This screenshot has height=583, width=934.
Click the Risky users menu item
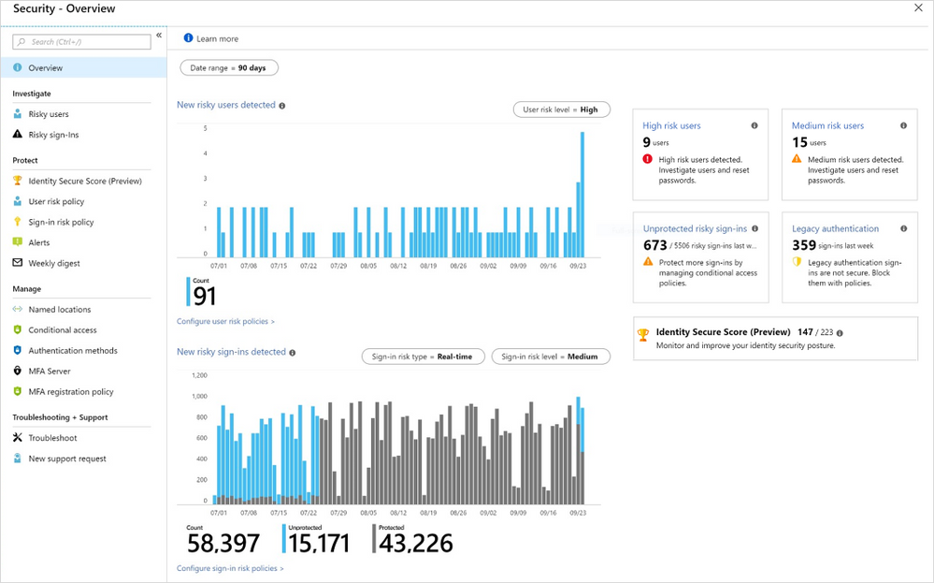click(x=48, y=114)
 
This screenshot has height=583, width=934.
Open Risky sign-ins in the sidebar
click(x=53, y=135)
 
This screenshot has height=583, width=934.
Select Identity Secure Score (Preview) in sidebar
click(x=84, y=181)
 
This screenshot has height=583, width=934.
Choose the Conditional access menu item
click(x=62, y=330)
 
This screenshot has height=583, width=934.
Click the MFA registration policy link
click(x=70, y=392)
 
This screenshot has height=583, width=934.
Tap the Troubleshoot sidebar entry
click(x=52, y=438)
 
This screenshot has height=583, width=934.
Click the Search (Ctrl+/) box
click(x=81, y=42)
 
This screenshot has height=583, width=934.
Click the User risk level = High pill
click(x=561, y=109)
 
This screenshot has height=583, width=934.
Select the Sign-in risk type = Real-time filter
click(x=423, y=357)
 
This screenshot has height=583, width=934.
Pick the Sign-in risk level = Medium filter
click(x=550, y=357)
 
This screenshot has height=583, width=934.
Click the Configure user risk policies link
click(x=225, y=321)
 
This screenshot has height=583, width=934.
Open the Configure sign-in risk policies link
click(x=230, y=568)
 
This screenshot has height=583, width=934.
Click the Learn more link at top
click(x=217, y=38)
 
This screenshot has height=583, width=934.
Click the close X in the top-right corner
click(x=917, y=7)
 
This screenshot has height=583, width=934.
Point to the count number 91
click(x=205, y=296)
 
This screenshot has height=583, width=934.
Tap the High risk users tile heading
click(x=671, y=125)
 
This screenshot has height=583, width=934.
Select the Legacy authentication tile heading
click(x=835, y=228)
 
